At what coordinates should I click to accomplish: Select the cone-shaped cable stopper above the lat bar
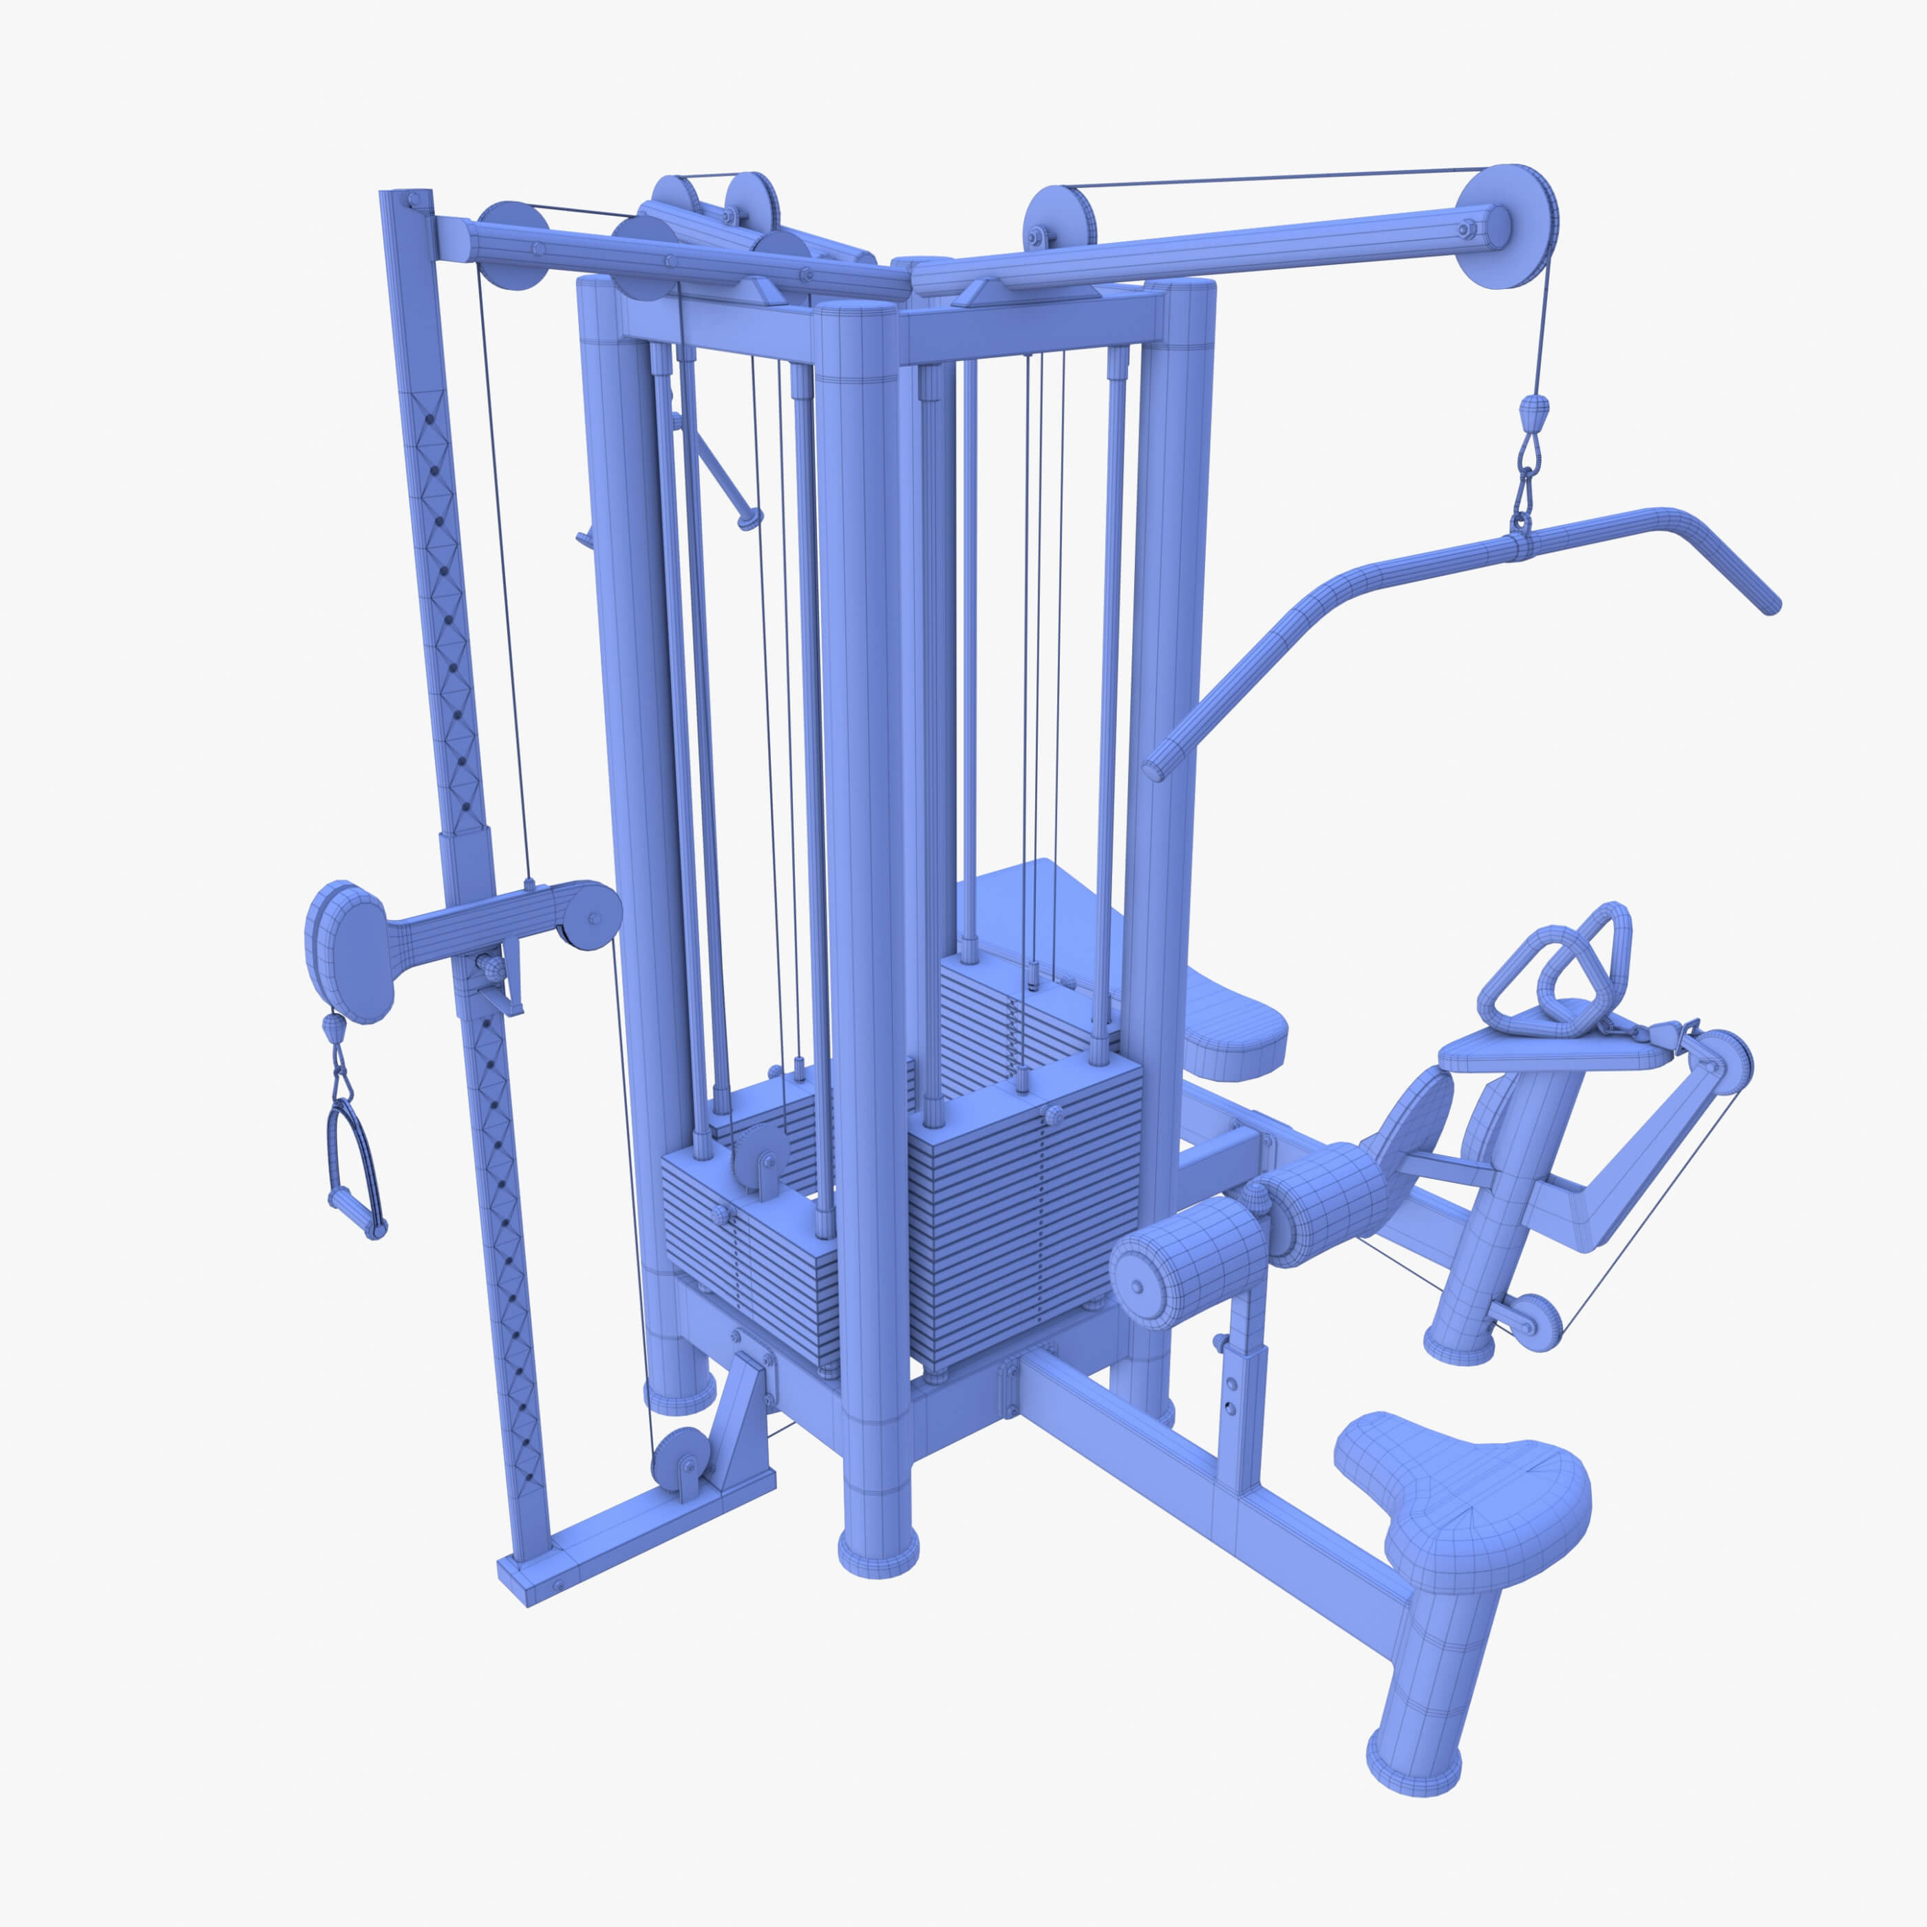[x=1535, y=408]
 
